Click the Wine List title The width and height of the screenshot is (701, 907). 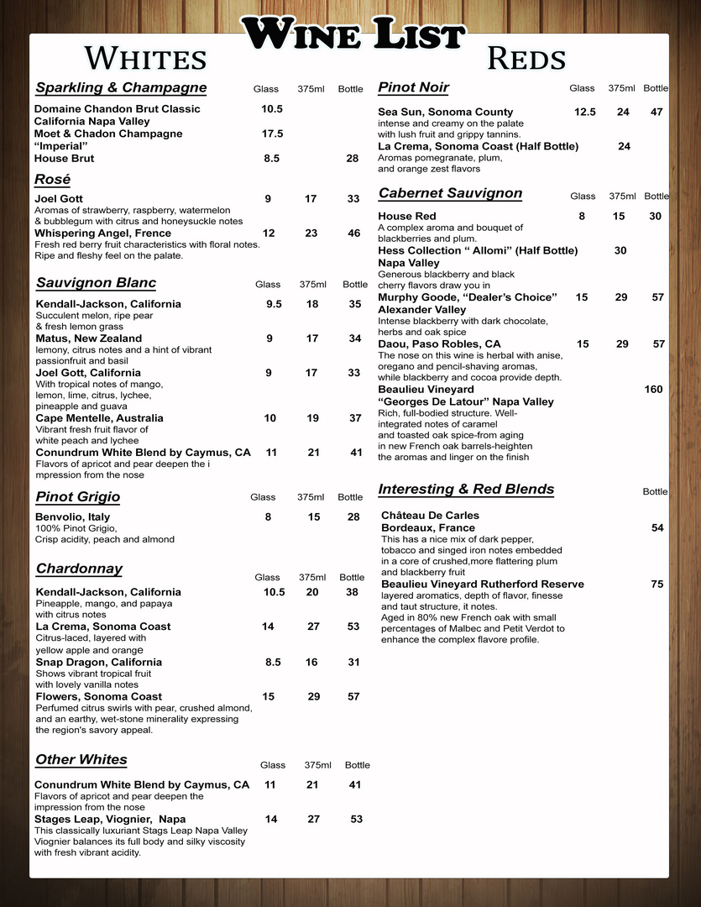pos(353,35)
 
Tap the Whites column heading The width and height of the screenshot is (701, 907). pos(145,59)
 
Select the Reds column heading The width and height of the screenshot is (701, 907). pos(526,59)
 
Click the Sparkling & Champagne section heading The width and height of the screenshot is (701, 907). pos(121,88)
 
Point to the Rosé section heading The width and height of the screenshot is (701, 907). pos(52,180)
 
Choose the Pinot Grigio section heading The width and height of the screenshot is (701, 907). pos(78,497)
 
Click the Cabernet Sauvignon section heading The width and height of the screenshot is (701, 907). pos(450,193)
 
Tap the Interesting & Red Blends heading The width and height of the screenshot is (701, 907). pos(466,490)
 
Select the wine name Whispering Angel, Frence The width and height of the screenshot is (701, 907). pos(102,233)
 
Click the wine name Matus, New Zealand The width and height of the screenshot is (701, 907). pos(88,338)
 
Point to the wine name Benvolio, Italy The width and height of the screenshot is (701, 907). pos(72,517)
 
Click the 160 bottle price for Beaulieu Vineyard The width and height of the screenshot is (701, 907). pos(653,390)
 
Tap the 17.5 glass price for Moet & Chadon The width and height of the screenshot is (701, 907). pos(272,134)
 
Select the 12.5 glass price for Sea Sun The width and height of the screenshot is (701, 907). pos(584,112)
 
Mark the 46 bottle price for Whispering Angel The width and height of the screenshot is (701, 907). pos(353,233)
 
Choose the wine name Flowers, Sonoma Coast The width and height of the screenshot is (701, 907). pos(98,697)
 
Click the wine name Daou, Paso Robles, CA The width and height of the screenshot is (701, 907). pos(439,344)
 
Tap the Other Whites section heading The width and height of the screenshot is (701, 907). pos(81,760)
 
